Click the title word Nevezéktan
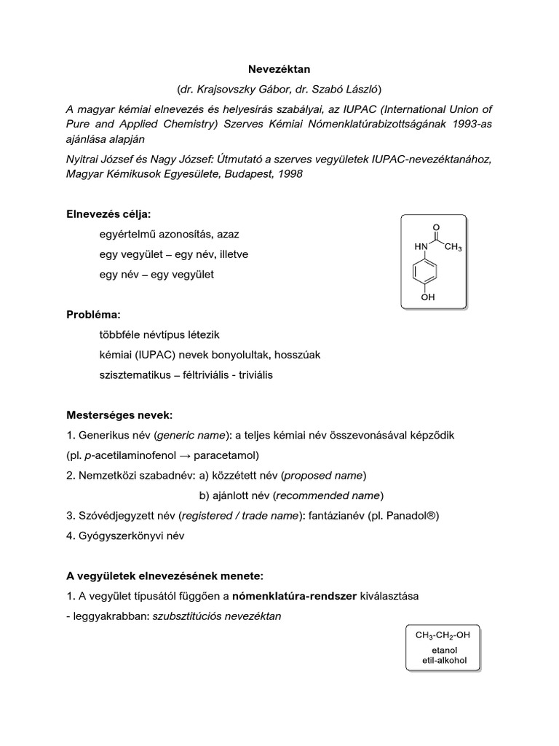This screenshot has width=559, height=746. coord(280,68)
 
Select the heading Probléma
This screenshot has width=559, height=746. coord(93,315)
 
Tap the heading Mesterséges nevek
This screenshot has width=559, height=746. coord(119,415)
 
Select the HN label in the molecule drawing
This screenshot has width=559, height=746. coord(421,247)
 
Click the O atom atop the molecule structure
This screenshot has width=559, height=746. coord(436,227)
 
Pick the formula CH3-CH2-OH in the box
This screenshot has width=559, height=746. coord(443,635)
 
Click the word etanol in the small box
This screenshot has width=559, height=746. coord(443,651)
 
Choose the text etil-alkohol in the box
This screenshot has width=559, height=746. coord(443,661)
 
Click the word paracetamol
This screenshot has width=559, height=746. coord(223,455)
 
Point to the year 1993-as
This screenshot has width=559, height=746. coord(469,124)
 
